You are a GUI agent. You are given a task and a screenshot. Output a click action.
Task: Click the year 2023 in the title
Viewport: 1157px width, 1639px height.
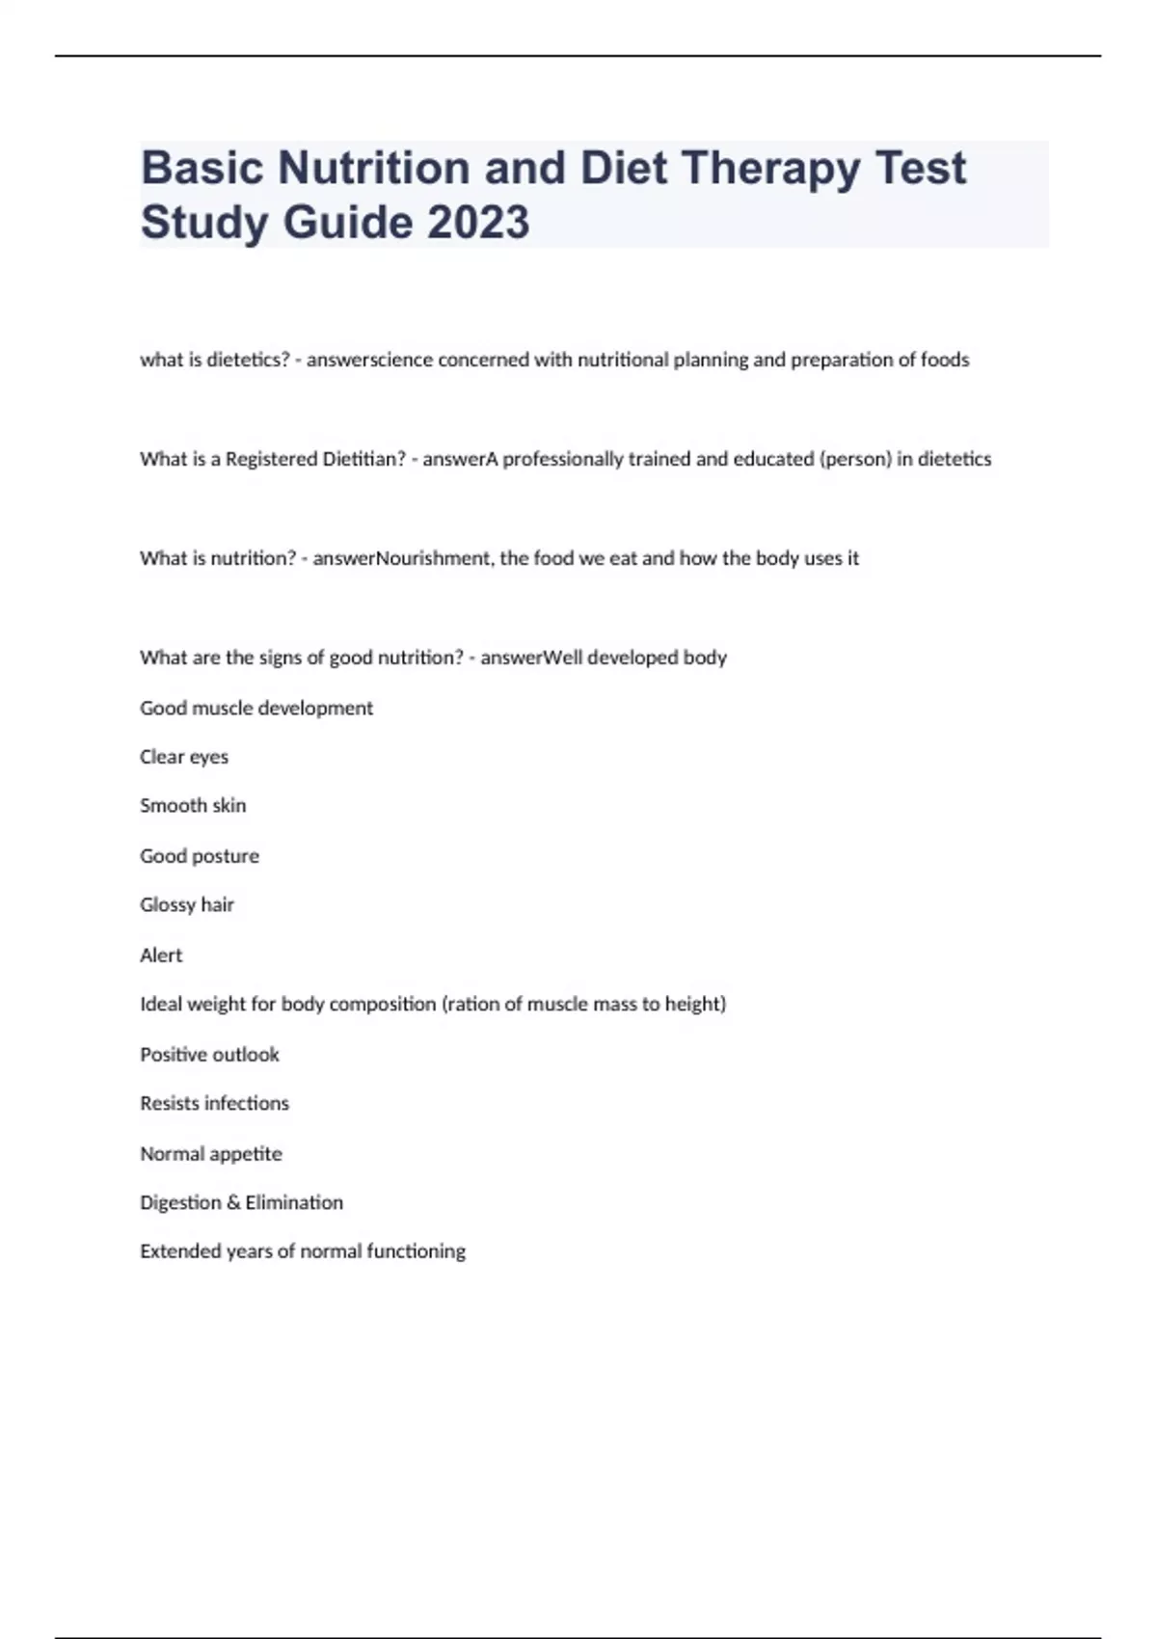tap(478, 222)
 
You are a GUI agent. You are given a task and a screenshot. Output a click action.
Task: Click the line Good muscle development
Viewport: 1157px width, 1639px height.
tap(256, 708)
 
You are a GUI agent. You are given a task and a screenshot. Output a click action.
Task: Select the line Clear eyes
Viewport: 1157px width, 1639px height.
tap(184, 757)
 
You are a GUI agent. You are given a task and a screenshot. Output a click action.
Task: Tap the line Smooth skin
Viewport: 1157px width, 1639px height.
tap(193, 805)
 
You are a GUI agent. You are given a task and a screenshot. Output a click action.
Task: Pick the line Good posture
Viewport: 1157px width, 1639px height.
tap(200, 856)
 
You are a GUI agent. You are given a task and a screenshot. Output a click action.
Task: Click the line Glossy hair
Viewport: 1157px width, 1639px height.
tap(187, 904)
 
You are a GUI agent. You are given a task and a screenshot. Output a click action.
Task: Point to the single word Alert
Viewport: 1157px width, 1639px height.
tap(161, 955)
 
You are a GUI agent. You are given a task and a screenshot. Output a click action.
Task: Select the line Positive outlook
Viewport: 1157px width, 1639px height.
tap(209, 1055)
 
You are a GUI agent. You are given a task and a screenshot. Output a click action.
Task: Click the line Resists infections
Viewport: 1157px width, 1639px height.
tap(214, 1103)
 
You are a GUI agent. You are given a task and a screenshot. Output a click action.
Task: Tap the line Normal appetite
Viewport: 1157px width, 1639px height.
tap(211, 1154)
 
